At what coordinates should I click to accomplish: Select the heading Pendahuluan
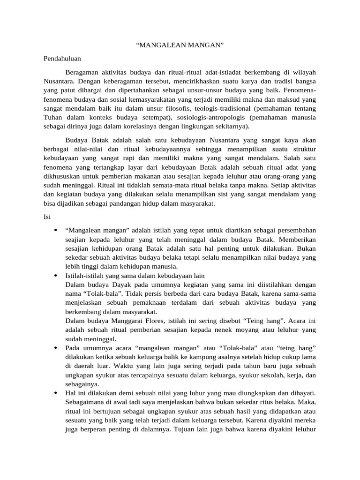[62, 59]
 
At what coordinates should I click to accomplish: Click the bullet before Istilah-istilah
[56, 276]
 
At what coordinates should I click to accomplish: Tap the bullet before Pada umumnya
[56, 348]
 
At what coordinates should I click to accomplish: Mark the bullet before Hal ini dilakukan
[56, 393]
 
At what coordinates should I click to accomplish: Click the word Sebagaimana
[86, 402]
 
